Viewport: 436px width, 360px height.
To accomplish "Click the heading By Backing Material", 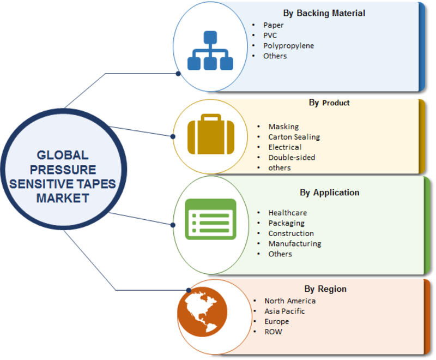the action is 324,13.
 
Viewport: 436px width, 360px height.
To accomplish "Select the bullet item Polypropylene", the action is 288,46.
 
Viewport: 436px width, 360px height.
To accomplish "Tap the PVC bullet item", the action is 270,35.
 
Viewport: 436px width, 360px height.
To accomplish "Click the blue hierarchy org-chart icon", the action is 210,50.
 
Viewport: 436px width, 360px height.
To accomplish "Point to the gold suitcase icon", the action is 211,134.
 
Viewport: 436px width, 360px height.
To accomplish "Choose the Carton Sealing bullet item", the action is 294,137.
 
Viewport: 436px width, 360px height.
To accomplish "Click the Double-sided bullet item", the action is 292,158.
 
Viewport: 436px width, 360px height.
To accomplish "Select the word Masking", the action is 283,127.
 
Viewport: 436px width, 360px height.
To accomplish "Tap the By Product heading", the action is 329,103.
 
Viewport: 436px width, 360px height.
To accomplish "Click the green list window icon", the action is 210,219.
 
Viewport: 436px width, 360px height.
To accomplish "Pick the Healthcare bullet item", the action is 288,213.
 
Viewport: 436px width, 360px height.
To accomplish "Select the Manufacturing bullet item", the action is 295,244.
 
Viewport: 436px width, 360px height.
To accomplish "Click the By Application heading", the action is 330,193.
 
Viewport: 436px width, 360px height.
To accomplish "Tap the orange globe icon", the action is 202,312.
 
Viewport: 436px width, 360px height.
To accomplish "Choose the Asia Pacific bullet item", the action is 284,311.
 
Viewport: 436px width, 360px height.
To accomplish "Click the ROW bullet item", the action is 273,332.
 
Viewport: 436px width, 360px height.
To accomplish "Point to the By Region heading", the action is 325,289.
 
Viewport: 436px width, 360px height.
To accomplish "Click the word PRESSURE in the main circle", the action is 63,170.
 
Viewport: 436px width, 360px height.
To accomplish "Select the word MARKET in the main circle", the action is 63,199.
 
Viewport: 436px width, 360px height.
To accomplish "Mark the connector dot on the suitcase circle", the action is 173,136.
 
